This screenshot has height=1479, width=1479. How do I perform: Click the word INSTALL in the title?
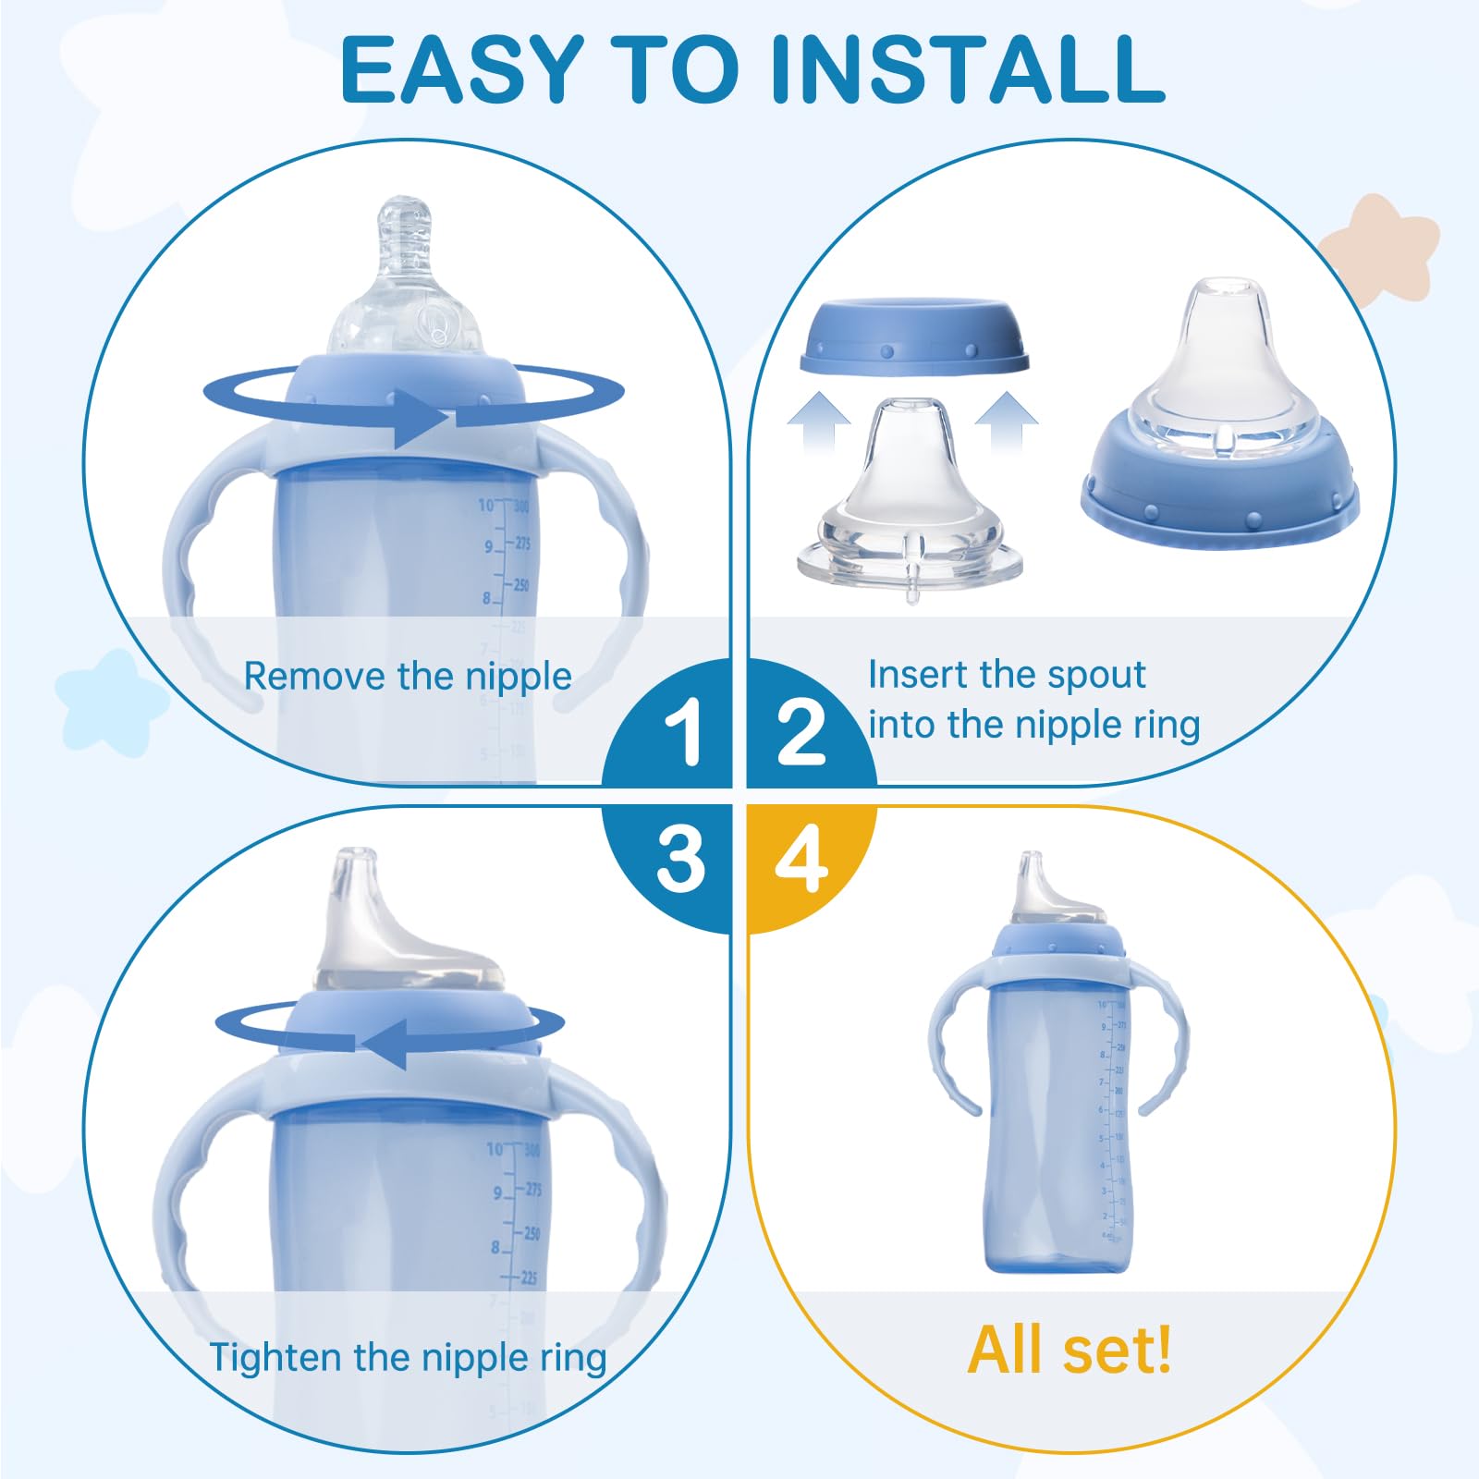click(x=966, y=69)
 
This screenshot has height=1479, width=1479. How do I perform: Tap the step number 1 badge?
click(x=685, y=731)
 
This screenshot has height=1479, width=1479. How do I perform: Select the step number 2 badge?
click(x=801, y=731)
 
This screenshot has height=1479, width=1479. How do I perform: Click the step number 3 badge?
click(x=681, y=859)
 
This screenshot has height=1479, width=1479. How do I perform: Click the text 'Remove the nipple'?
click(x=408, y=677)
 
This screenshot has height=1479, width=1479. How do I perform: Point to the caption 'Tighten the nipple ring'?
click(x=408, y=1357)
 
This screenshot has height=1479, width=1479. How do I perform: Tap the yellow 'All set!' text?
click(x=1070, y=1351)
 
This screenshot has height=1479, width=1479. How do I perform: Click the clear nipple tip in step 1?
click(x=407, y=222)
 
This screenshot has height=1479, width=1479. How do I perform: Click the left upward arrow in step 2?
click(x=819, y=421)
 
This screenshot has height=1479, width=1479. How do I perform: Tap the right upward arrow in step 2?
click(x=1006, y=421)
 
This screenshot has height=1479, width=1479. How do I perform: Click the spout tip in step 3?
click(x=356, y=869)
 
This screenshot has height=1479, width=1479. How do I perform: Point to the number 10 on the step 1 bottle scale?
click(x=486, y=505)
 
